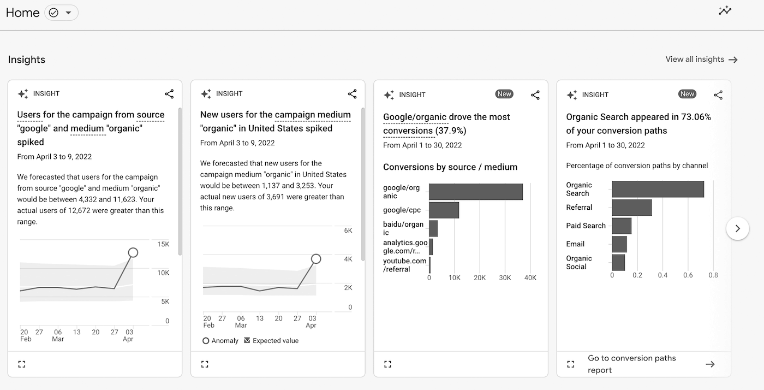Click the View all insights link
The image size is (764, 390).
pyautogui.click(x=701, y=60)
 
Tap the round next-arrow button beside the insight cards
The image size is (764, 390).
pyautogui.click(x=737, y=229)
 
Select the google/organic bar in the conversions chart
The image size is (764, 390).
pyautogui.click(x=475, y=192)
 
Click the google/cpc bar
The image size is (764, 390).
pyautogui.click(x=444, y=210)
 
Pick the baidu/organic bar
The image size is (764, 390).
pyautogui.click(x=433, y=228)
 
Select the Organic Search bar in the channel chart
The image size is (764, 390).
pyautogui.click(x=658, y=189)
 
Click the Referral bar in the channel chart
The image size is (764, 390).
pyautogui.click(x=631, y=208)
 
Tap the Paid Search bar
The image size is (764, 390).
pyautogui.click(x=622, y=226)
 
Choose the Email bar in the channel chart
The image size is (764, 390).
pyautogui.click(x=619, y=244)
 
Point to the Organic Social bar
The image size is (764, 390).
pyautogui.click(x=618, y=263)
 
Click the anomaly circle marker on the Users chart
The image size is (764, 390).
pyautogui.click(x=133, y=252)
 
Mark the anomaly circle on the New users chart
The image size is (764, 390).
pyautogui.click(x=315, y=259)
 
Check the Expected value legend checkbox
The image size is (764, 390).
pyautogui.click(x=247, y=340)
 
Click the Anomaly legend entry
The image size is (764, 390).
pyautogui.click(x=220, y=341)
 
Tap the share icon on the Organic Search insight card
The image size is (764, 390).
pyautogui.click(x=718, y=95)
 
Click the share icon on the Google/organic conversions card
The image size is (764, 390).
pyautogui.click(x=535, y=95)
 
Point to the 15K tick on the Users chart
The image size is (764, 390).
pyautogui.click(x=163, y=244)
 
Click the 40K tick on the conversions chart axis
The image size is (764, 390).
pyautogui.click(x=530, y=278)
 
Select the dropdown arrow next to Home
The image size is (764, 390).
pyautogui.click(x=68, y=13)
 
